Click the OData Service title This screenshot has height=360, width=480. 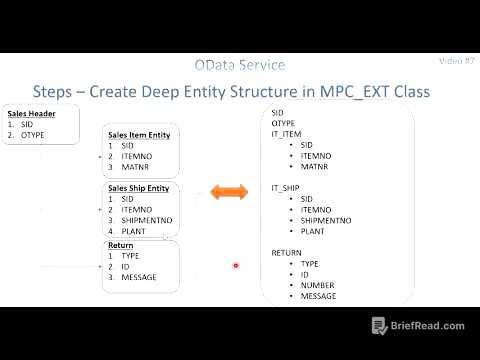(x=239, y=65)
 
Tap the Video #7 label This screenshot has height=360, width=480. (x=455, y=61)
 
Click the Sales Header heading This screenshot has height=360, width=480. (x=31, y=113)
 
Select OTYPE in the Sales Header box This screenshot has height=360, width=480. (x=32, y=134)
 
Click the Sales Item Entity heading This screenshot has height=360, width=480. (x=139, y=134)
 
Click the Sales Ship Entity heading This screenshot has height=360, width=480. (x=139, y=188)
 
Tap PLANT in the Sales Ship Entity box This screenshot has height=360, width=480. (x=133, y=231)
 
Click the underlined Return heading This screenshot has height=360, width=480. (x=120, y=245)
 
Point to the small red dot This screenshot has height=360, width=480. (x=235, y=266)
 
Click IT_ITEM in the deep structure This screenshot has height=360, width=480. (x=286, y=133)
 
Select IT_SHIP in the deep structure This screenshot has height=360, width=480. (x=286, y=188)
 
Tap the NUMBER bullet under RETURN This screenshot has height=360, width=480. (x=315, y=286)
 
